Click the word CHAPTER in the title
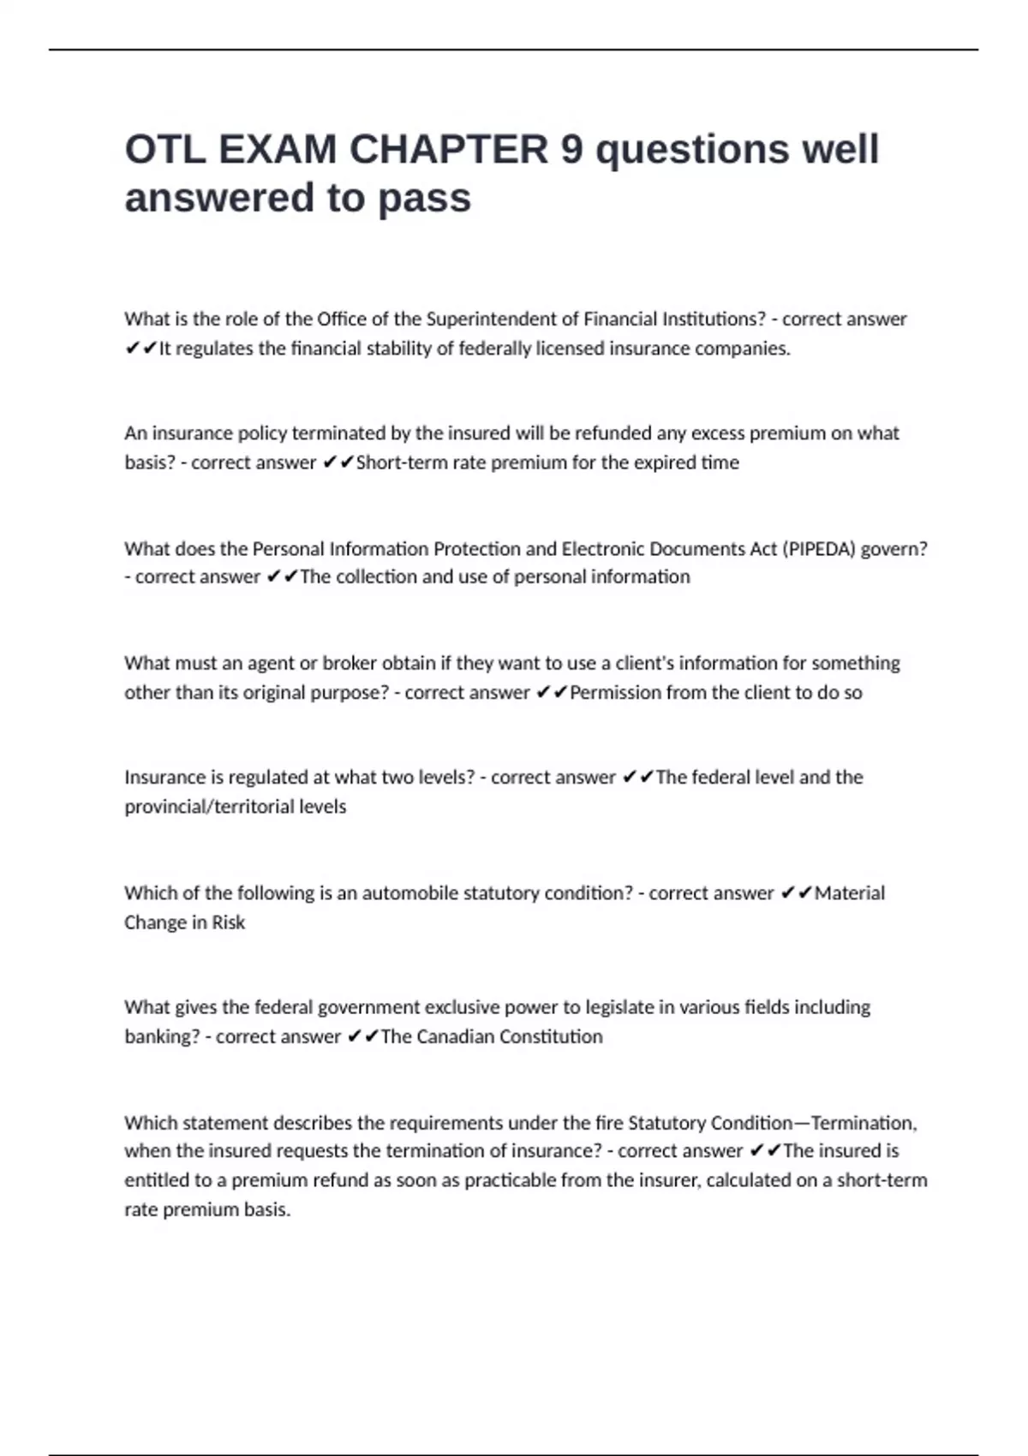[x=449, y=150]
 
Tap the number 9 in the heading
[x=571, y=150]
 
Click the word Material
[x=849, y=893]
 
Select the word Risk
[x=229, y=922]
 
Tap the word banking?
[x=162, y=1037]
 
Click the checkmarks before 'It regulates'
[x=140, y=349]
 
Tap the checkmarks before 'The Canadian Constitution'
[x=362, y=1037]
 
